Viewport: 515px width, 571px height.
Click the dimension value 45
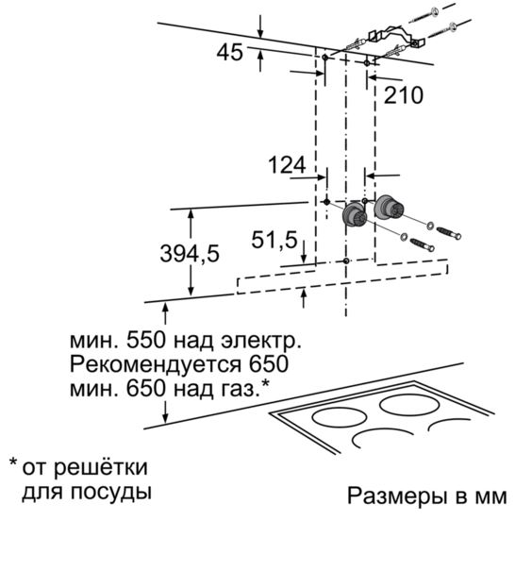(229, 52)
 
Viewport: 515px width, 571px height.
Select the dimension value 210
(404, 95)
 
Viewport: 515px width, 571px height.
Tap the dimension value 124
(287, 165)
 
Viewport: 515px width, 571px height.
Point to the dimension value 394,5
(190, 254)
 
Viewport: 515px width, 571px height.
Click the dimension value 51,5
(274, 241)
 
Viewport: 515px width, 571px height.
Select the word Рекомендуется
(156, 364)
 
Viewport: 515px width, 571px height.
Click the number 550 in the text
(146, 341)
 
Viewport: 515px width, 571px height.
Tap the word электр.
(261, 343)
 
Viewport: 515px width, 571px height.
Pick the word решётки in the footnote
(101, 467)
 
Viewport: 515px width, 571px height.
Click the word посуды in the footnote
(110, 493)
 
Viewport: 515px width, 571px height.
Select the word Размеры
(397, 496)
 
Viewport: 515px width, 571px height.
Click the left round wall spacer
(354, 215)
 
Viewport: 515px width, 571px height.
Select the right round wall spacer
(389, 208)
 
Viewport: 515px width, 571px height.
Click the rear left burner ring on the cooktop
(340, 417)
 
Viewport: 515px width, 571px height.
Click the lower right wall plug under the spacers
(423, 244)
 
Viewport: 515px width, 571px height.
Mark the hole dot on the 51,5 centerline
(346, 260)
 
